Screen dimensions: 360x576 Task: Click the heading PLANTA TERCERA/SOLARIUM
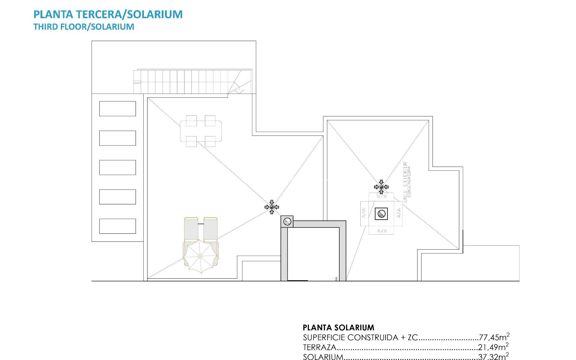(108, 14)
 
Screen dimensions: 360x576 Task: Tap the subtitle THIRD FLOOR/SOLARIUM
(84, 27)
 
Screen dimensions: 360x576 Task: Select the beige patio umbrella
(200, 256)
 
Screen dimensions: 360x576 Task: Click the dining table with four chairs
(201, 131)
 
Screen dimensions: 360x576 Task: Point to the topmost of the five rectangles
(117, 109)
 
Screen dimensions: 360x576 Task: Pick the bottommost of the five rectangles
(117, 226)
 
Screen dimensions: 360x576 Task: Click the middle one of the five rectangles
(117, 167)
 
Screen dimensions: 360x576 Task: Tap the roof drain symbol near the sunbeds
(272, 207)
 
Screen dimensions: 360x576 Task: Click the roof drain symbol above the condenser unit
(381, 187)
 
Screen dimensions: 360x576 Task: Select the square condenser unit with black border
(381, 214)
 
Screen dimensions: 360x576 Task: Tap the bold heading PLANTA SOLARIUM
(338, 327)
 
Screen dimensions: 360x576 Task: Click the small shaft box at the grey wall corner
(287, 222)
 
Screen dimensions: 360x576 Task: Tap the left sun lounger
(191, 229)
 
